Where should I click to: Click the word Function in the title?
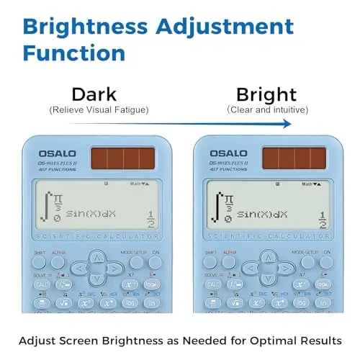73,53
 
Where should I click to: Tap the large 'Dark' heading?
95,94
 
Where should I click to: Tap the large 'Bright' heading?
267,94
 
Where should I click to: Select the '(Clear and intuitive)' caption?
267,109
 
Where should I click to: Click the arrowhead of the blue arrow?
288,124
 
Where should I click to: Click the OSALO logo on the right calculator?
228,153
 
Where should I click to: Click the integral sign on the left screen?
46,205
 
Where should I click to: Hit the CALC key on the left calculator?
42,284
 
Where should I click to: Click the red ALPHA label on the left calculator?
58,253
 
